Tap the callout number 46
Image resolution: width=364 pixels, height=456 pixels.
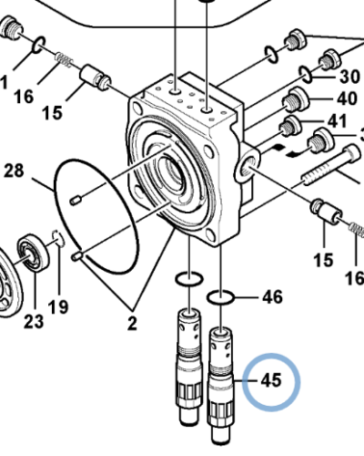click(x=272, y=296)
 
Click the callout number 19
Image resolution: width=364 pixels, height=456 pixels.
click(x=58, y=307)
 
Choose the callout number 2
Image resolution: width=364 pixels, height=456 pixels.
click(x=132, y=321)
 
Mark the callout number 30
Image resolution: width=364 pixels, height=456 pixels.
click(x=349, y=77)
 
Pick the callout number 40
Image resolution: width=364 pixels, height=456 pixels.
click(x=347, y=99)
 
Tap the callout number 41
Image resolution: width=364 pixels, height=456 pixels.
click(x=337, y=121)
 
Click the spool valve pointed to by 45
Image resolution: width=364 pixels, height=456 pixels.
click(x=221, y=374)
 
